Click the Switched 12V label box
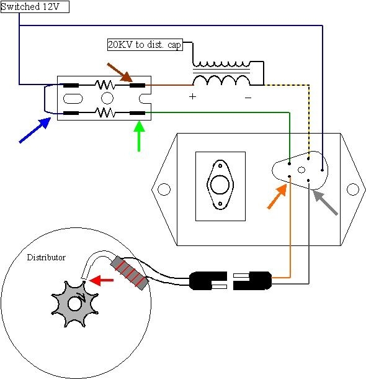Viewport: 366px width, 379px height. coord(35,7)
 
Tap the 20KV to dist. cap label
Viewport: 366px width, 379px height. coord(145,45)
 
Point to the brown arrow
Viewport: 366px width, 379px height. coord(120,73)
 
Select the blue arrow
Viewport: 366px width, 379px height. coord(35,130)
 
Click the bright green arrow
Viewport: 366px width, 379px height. coord(139,136)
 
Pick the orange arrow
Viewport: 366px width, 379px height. coord(277,196)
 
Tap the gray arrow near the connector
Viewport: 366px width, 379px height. coord(325,203)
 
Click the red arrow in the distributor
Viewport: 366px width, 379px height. coord(101,280)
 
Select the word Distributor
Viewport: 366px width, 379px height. coord(46,257)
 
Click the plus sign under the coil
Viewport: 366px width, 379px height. coord(192,97)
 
